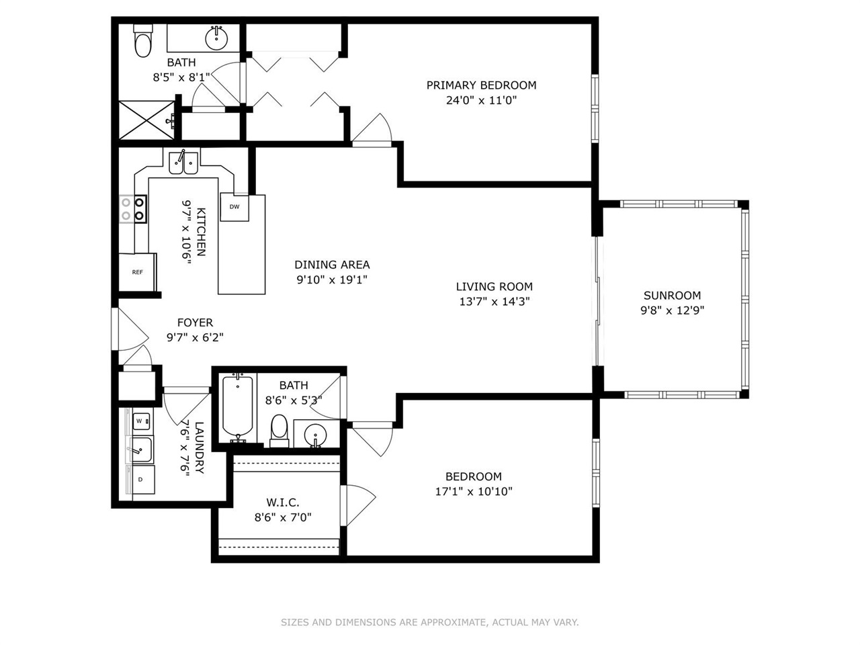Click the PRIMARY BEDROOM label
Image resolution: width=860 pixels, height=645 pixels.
click(x=481, y=85)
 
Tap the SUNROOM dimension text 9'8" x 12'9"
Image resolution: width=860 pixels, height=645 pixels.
click(x=672, y=310)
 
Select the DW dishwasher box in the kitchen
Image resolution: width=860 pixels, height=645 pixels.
click(x=234, y=207)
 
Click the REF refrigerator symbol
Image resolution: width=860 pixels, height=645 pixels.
click(x=138, y=272)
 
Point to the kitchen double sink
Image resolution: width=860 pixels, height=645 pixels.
click(x=183, y=163)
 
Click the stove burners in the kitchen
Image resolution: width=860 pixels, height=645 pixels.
click(x=132, y=208)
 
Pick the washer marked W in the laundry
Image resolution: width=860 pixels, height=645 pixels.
click(x=140, y=421)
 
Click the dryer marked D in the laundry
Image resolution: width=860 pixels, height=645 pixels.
click(x=141, y=480)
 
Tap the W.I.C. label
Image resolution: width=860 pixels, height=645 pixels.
click(x=282, y=503)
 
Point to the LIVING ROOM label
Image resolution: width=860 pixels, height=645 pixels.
click(x=494, y=287)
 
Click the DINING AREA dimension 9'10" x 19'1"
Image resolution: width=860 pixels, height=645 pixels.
click(x=332, y=279)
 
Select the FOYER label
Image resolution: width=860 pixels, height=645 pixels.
click(x=195, y=322)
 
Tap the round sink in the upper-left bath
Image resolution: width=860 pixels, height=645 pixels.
click(x=216, y=38)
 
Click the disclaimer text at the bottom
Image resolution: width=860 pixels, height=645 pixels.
click(x=429, y=622)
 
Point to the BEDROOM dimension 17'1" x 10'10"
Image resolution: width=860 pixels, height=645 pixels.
click(x=474, y=491)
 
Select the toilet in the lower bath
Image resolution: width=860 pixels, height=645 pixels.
click(x=279, y=429)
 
